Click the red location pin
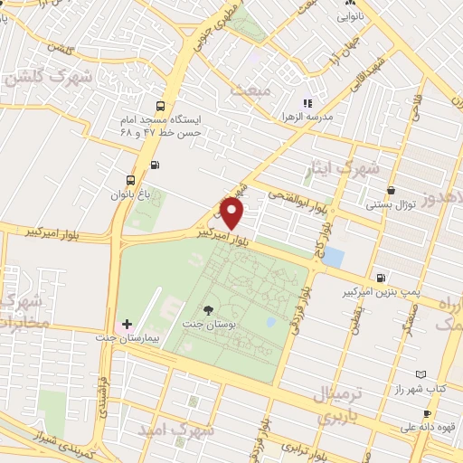click(x=232, y=214)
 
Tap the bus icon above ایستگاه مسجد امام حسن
click(x=161, y=104)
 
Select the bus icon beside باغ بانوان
click(x=131, y=180)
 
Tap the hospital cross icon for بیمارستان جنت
click(x=127, y=324)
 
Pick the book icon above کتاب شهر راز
click(x=420, y=373)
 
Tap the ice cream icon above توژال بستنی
click(x=390, y=191)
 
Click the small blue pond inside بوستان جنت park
click(x=269, y=321)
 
